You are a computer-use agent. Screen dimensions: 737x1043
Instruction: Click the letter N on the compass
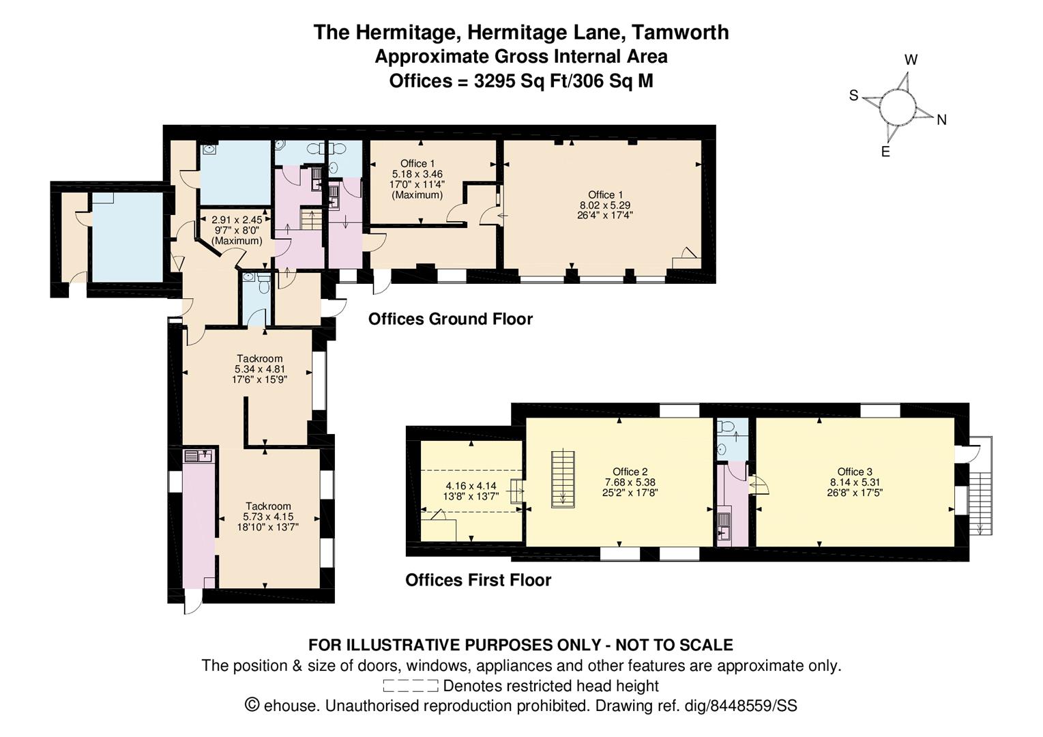[x=942, y=120]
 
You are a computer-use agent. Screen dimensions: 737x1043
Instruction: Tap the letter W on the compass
[x=911, y=60]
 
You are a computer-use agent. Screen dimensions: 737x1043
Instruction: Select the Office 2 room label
[x=630, y=472]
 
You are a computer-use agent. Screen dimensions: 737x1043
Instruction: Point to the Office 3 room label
[x=855, y=472]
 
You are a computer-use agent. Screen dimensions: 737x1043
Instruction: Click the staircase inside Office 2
[x=563, y=478]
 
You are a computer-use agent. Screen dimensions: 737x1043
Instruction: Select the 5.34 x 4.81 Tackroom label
[x=259, y=369]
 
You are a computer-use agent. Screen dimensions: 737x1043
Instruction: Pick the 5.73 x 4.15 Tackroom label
[x=268, y=517]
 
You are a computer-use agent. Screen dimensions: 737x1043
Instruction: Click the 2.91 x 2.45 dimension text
[x=236, y=220]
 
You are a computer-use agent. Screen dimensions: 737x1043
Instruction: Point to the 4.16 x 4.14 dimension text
[x=471, y=487]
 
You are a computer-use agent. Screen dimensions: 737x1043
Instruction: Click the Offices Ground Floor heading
[x=450, y=319]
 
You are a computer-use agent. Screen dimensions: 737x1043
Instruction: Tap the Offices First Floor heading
[x=478, y=580]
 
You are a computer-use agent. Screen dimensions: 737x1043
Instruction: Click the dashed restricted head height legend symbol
[x=410, y=686]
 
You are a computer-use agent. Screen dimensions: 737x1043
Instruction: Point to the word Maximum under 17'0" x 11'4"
[x=417, y=195]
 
